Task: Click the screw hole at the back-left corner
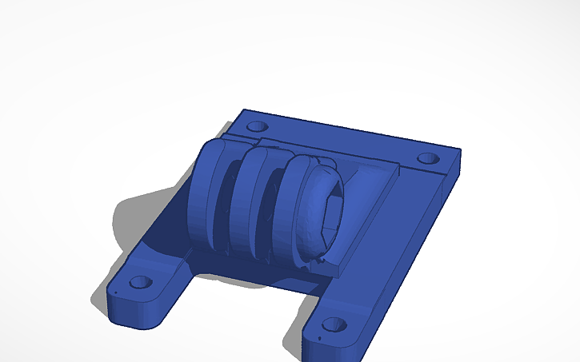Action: [256, 126]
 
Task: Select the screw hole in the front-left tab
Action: [141, 283]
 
